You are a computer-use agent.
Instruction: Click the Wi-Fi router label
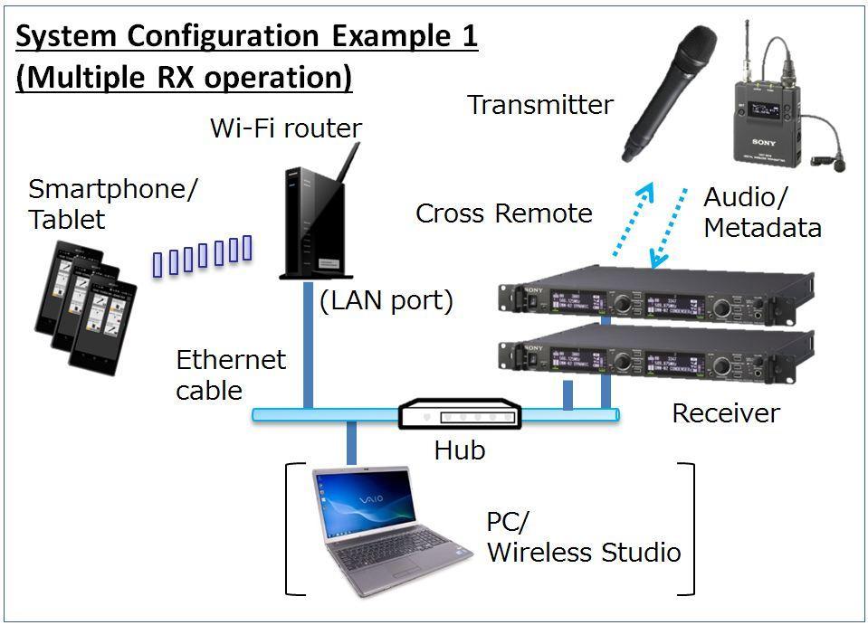285,128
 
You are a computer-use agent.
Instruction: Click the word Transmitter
539,105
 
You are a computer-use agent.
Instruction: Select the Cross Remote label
503,213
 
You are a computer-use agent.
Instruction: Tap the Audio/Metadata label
761,213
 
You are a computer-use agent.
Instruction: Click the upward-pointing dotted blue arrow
631,218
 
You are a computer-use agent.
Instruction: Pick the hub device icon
460,414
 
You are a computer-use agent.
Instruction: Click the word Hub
460,449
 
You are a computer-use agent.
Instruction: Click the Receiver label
725,413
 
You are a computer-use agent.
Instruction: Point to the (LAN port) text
386,300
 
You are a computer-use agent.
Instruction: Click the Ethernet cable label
230,374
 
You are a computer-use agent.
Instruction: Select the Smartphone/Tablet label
113,204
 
